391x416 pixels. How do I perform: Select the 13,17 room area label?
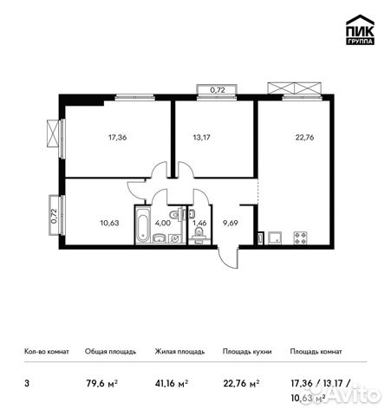(202, 136)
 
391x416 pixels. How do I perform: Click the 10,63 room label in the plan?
(110, 221)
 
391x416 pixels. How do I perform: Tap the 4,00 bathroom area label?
(162, 221)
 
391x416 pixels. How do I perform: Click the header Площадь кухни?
(247, 352)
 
